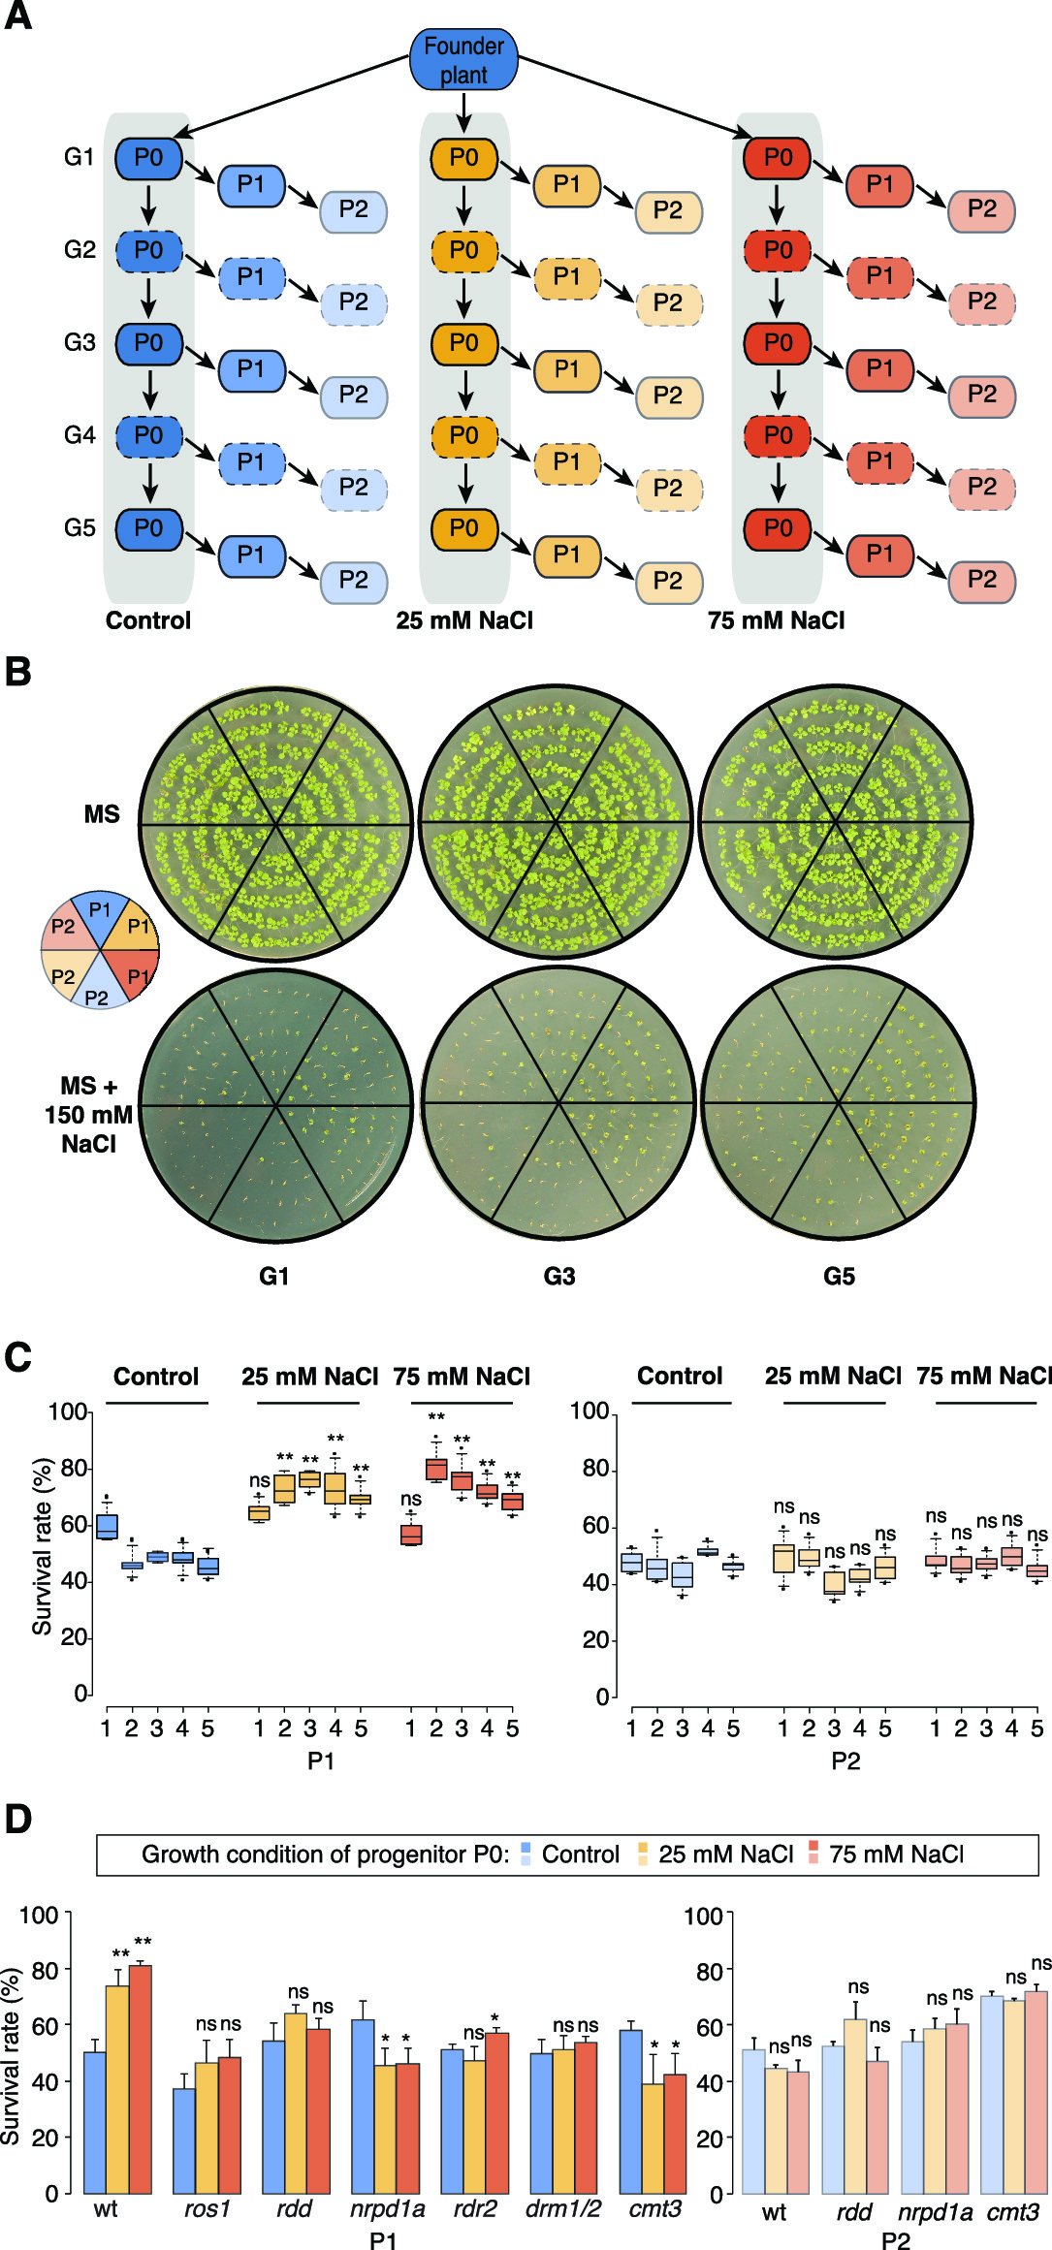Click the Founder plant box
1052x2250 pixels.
pos(463,60)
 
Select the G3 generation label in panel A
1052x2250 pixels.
pos(80,342)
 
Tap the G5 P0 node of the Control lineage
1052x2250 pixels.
pos(148,528)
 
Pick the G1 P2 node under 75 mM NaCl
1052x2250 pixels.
pos(981,210)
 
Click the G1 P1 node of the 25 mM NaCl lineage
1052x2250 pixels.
pos(566,185)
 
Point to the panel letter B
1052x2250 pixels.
pos(17,672)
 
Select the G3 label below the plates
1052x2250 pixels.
pos(558,1276)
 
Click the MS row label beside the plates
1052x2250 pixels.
pos(102,814)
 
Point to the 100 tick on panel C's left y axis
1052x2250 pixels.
pos(68,1411)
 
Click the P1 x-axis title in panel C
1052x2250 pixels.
pos(321,1760)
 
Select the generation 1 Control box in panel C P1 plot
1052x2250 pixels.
pos(107,1526)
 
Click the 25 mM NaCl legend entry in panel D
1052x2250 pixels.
pos(725,1854)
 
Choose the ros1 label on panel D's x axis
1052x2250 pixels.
pos(207,2208)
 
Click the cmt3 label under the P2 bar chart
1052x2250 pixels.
pos(1013,2211)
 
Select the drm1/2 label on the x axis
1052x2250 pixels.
pos(562,2208)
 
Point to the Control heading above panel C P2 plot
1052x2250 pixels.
pos(680,1376)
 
